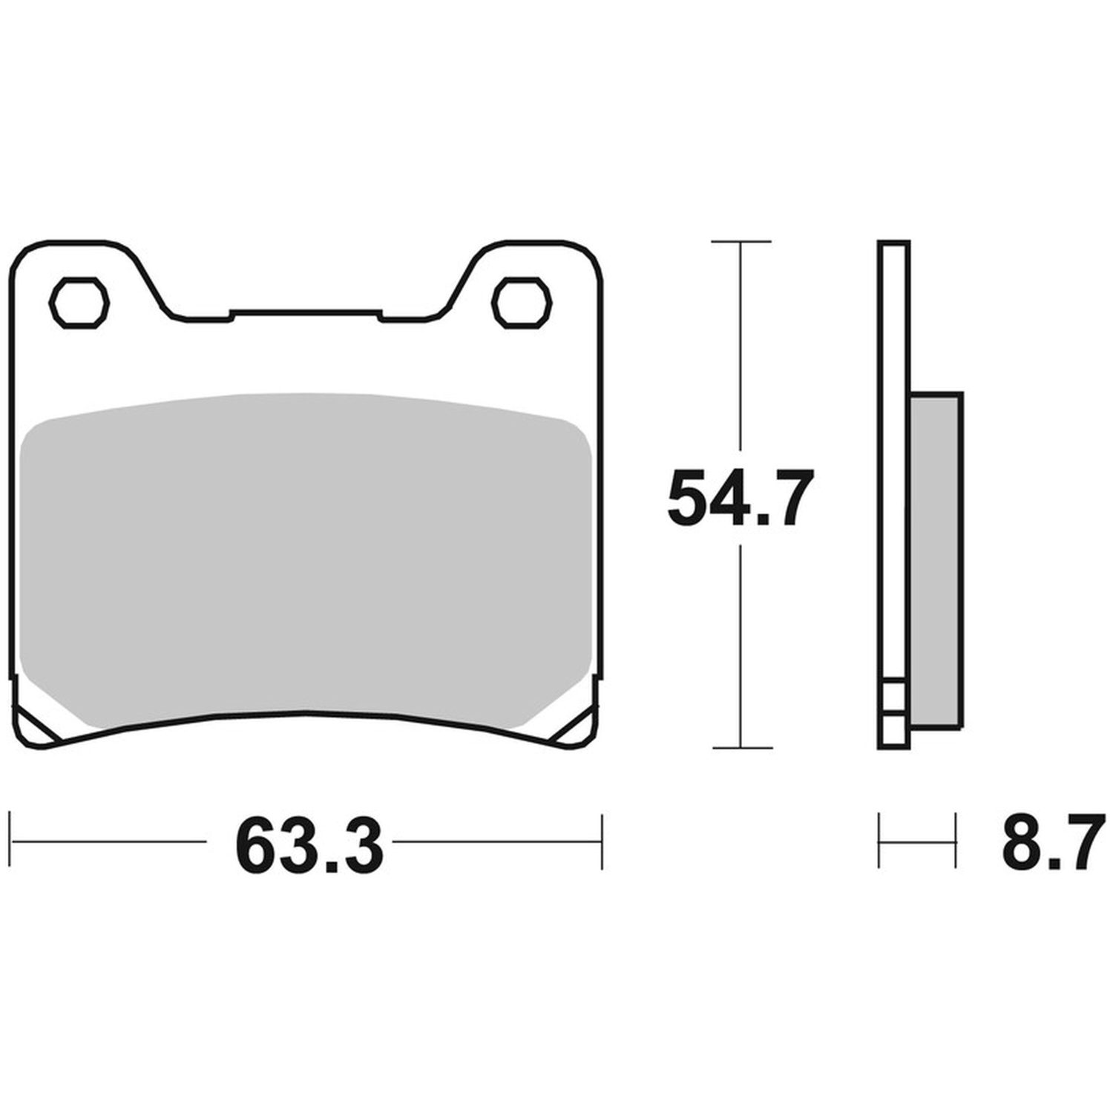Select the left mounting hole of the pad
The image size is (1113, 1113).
[79, 302]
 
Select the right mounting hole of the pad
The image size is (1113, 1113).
[523, 302]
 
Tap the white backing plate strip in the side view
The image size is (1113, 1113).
[893, 493]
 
